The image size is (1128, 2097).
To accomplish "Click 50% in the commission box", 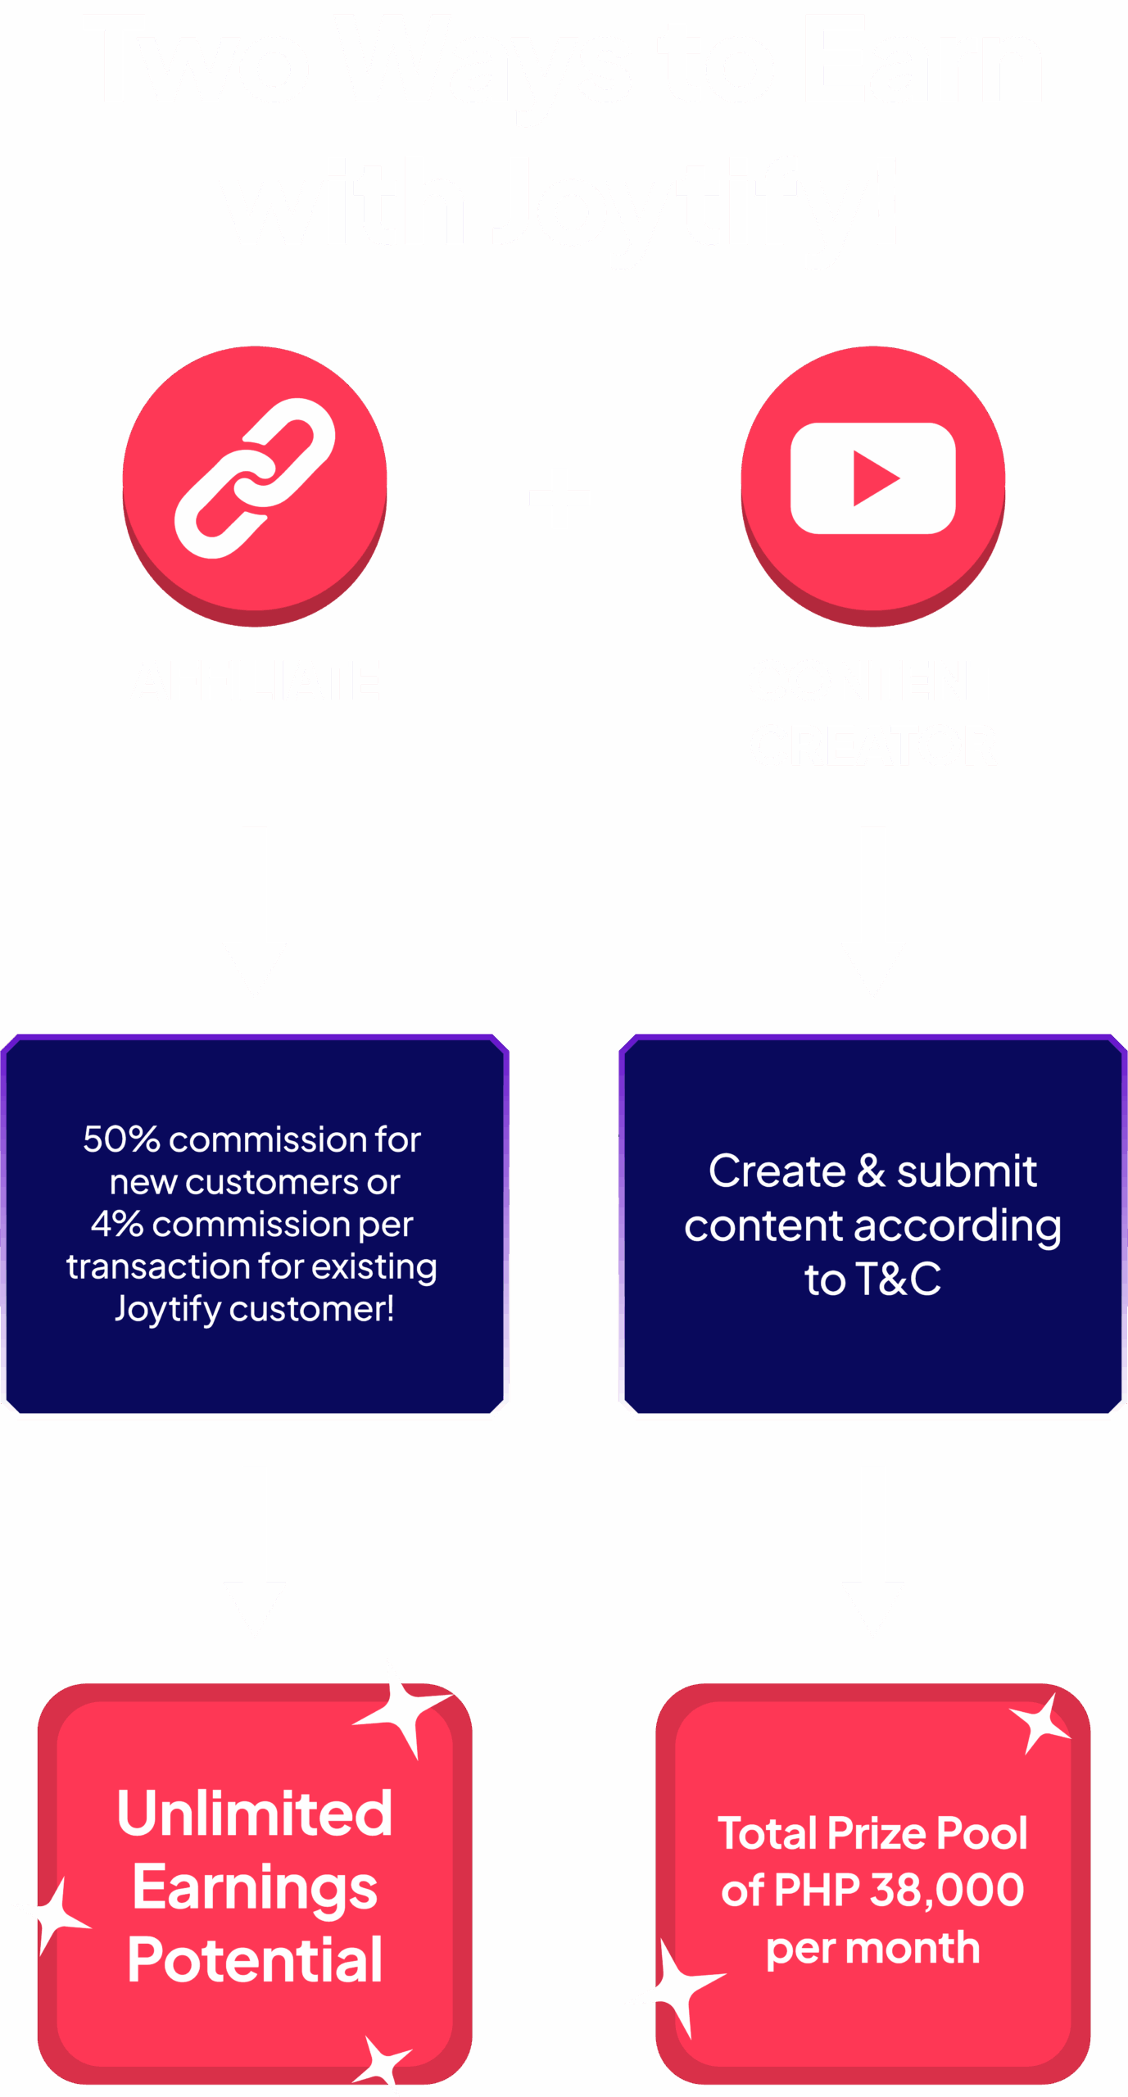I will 121,1139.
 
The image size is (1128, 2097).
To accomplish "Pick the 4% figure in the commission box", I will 116,1224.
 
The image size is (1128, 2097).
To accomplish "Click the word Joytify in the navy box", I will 168,1309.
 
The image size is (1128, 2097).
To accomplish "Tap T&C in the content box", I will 898,1279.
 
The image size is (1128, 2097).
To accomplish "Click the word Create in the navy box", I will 777,1171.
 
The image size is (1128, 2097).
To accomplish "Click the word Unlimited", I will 255,1814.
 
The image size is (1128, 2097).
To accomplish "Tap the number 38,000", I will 947,1891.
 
